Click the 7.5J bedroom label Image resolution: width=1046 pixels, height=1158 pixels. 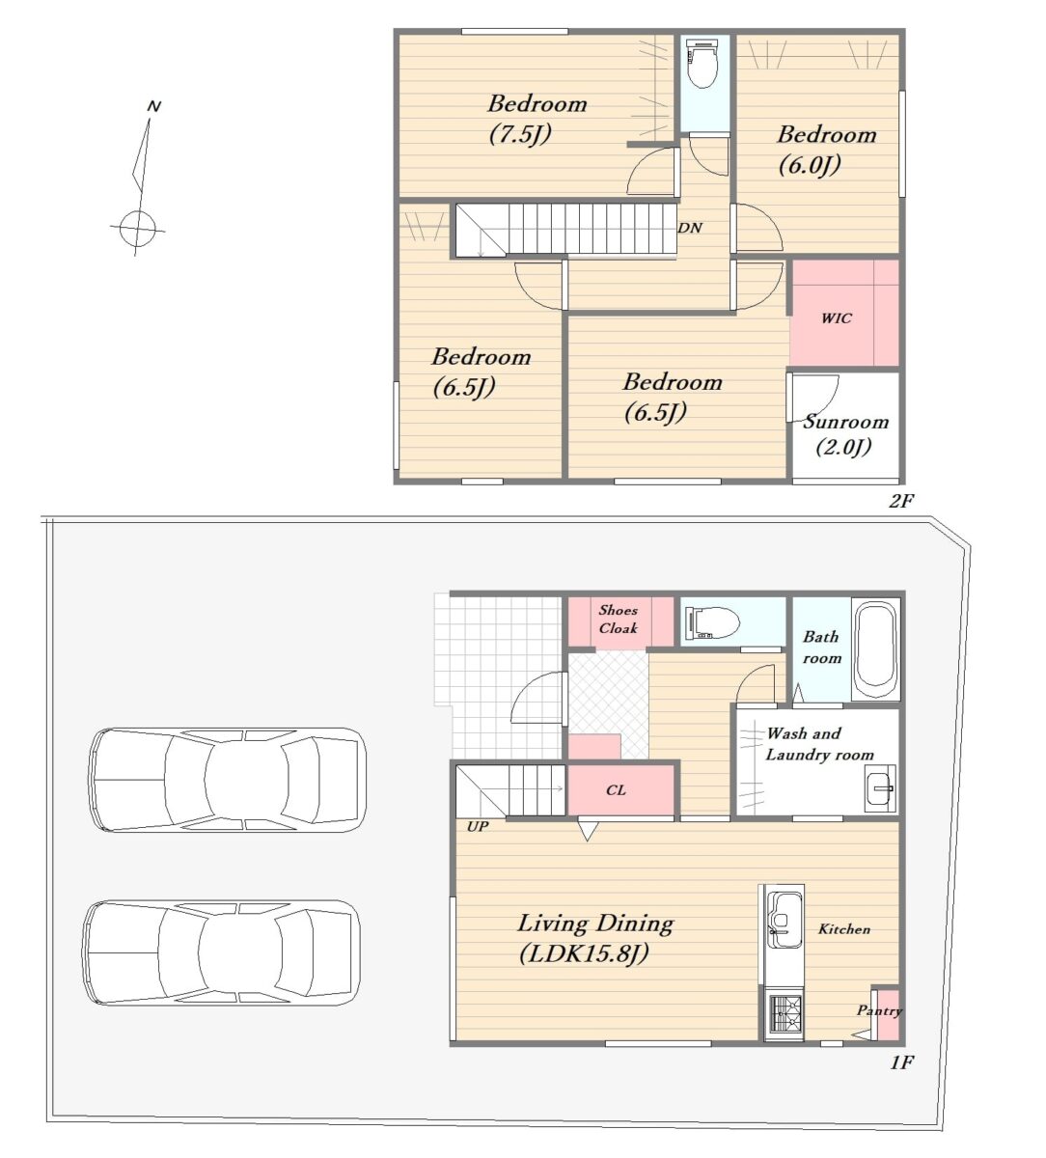(x=537, y=119)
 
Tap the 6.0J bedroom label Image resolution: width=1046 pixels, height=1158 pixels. (x=827, y=150)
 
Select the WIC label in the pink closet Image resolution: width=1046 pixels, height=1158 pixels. (x=836, y=318)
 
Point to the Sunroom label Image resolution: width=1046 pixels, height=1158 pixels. (x=845, y=422)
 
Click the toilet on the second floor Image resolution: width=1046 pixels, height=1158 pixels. (x=703, y=63)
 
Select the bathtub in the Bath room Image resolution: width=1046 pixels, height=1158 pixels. (x=875, y=650)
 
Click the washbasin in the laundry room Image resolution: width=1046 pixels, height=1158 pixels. (x=880, y=788)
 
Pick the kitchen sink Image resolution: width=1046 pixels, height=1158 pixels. (x=784, y=920)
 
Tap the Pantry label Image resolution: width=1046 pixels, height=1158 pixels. (x=879, y=1010)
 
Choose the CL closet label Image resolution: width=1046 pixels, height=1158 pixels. (x=616, y=789)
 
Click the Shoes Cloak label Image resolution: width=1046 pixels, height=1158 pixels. (x=618, y=619)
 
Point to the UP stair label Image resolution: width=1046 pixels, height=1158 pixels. (x=478, y=827)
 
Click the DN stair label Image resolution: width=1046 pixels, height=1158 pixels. (x=690, y=228)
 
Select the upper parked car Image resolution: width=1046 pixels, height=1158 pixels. (x=228, y=780)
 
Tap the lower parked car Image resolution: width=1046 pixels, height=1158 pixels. (x=221, y=952)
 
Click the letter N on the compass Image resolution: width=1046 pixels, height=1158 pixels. (x=153, y=106)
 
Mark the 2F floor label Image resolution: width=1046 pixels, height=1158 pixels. (x=901, y=501)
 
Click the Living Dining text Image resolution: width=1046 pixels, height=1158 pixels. (x=595, y=924)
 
